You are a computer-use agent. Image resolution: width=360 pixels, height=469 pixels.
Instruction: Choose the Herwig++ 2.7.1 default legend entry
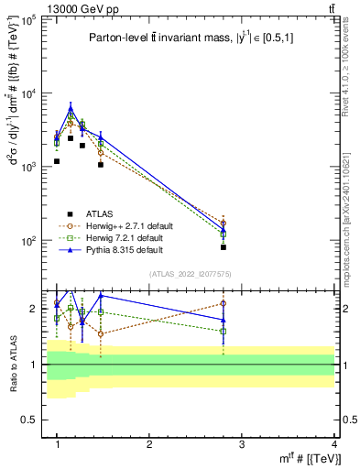pyautogui.click(x=119, y=224)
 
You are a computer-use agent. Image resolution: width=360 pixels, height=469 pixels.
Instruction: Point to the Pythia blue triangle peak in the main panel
pyautogui.click(x=71, y=109)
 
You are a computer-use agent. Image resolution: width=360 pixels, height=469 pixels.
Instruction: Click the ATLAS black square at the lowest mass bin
pyautogui.click(x=57, y=161)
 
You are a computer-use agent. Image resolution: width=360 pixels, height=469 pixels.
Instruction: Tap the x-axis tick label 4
pyautogui.click(x=334, y=443)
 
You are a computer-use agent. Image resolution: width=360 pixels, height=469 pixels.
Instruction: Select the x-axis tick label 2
pyautogui.click(x=149, y=443)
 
